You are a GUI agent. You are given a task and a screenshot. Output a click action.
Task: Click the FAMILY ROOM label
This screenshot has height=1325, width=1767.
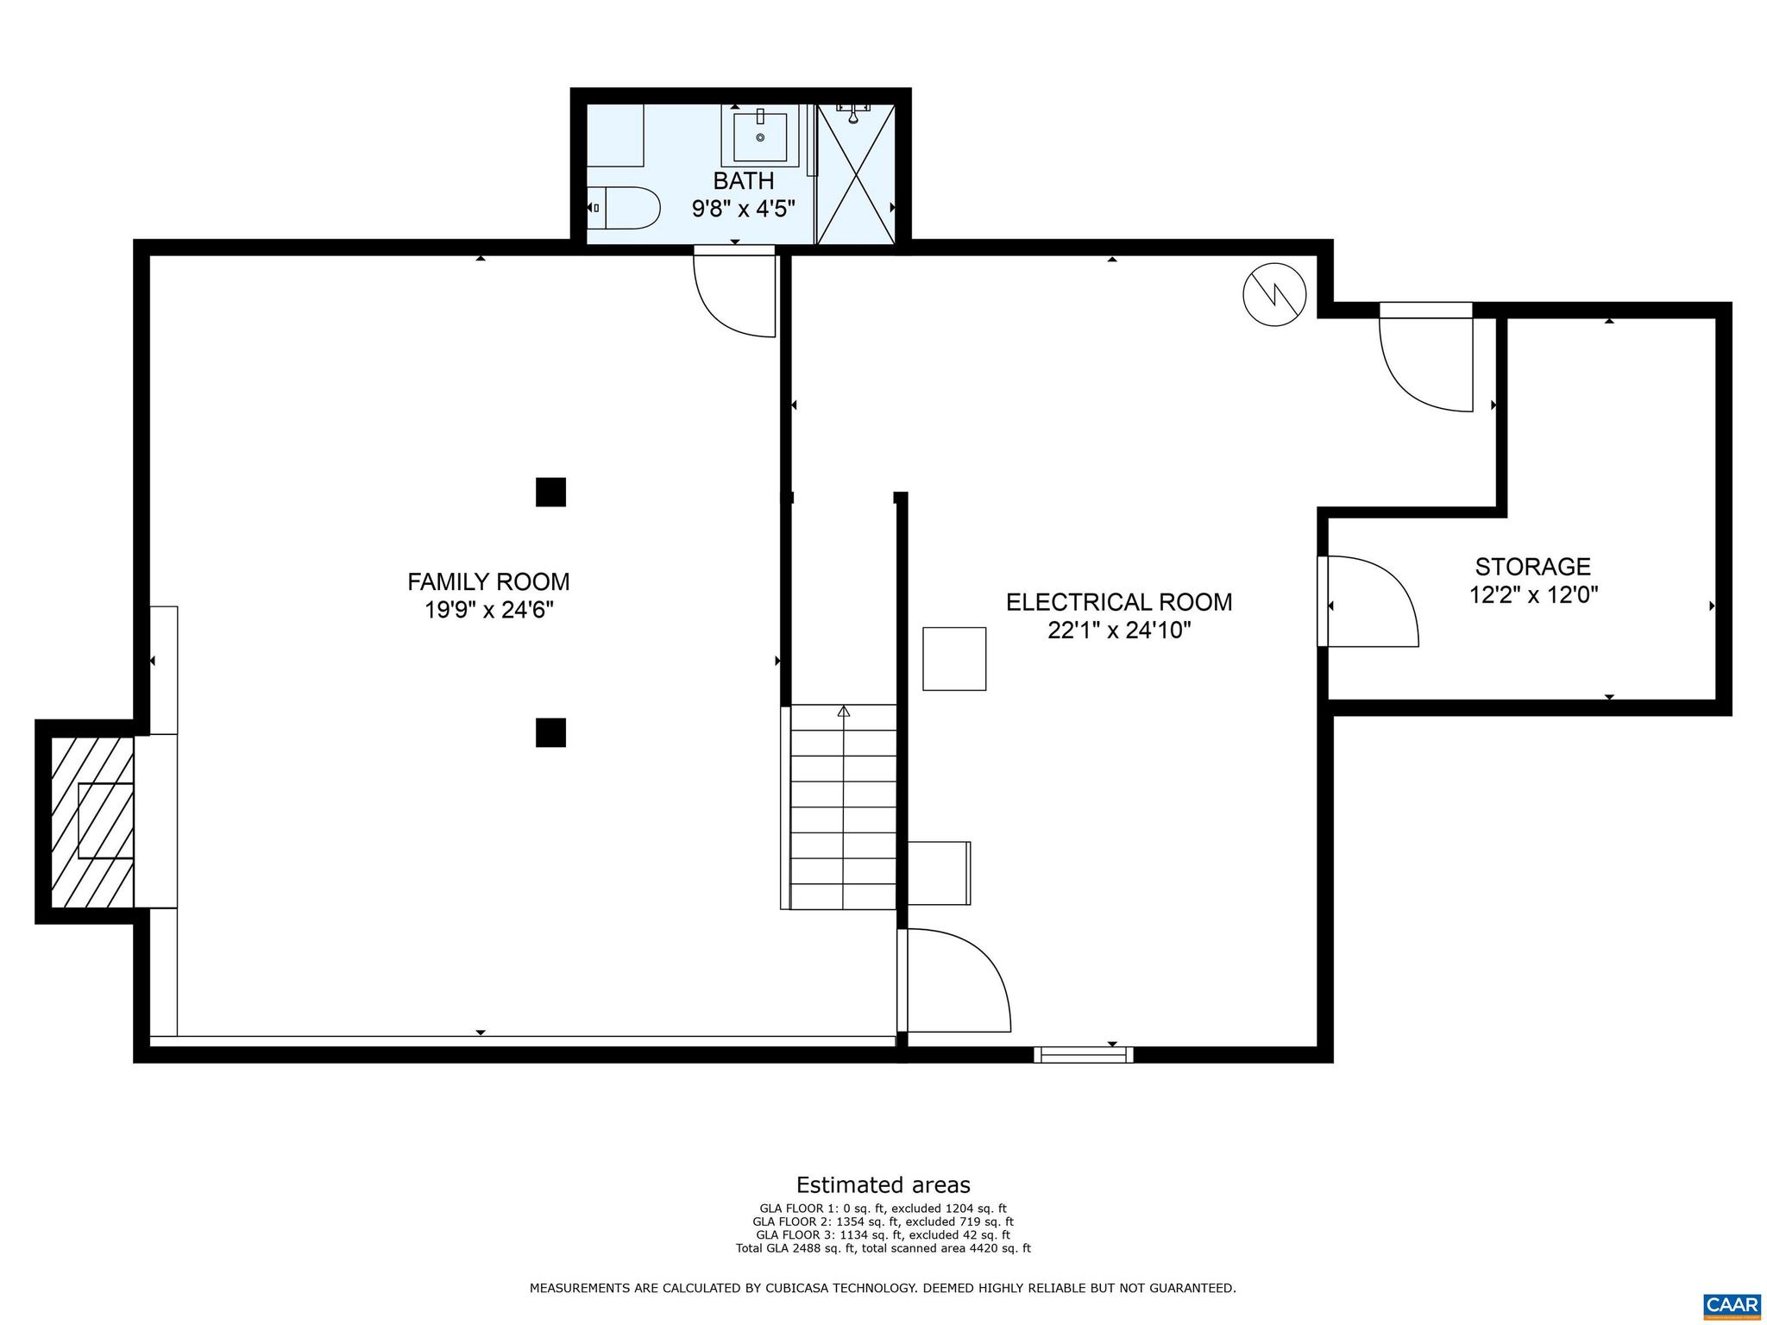click(488, 581)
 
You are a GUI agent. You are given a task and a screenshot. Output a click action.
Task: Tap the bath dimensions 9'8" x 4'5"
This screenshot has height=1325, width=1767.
click(743, 209)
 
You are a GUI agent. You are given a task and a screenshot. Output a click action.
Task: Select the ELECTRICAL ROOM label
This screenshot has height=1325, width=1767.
click(1119, 601)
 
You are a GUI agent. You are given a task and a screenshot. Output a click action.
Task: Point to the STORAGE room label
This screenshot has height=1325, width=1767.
click(1532, 567)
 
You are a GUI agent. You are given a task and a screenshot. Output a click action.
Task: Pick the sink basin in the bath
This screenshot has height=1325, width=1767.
click(760, 137)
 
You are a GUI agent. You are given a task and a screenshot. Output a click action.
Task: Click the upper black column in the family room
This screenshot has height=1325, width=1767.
click(550, 492)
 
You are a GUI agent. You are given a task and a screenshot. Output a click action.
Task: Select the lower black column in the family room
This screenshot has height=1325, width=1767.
click(550, 732)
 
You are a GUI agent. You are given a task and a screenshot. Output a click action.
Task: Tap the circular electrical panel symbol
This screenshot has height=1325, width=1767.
click(1274, 294)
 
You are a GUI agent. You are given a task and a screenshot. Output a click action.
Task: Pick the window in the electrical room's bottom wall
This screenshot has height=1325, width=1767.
click(1084, 1054)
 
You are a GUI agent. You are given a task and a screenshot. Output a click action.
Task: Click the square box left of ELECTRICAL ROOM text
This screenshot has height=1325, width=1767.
click(954, 659)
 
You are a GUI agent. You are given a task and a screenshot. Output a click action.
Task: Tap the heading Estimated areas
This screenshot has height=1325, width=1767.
click(883, 1184)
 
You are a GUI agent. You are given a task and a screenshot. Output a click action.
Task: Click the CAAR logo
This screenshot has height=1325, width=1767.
click(1732, 1303)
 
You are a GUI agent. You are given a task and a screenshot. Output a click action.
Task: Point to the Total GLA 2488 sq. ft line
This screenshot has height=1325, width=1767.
click(883, 1248)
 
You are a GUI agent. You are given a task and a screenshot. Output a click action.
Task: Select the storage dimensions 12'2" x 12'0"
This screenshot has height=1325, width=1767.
click(1533, 595)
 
